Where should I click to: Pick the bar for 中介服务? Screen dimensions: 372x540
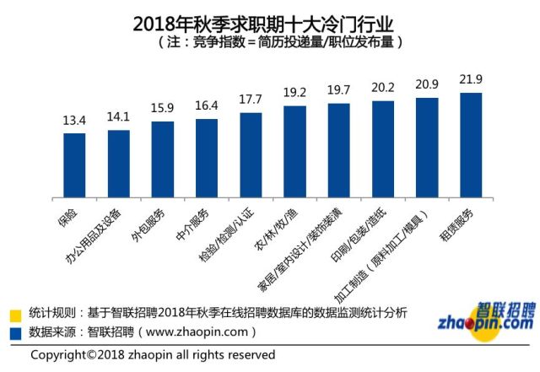pos(206,159)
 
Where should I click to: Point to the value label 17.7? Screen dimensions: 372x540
pos(251,100)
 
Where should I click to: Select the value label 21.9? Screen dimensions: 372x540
pos(470,79)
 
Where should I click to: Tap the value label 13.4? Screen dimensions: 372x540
pos(74,121)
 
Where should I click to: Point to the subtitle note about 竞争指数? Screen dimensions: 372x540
pos(269,40)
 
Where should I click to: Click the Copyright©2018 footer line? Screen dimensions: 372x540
pos(153,355)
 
